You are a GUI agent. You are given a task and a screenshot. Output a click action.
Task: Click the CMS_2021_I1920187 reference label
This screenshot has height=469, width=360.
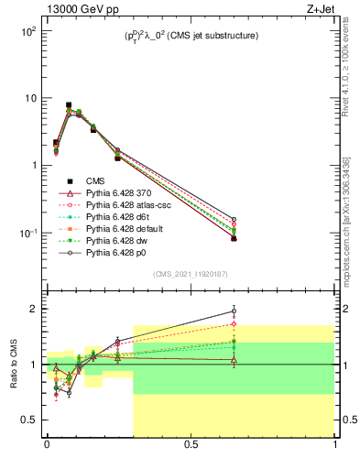190,274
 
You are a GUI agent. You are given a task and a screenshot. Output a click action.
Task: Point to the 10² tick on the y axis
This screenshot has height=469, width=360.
28,31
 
